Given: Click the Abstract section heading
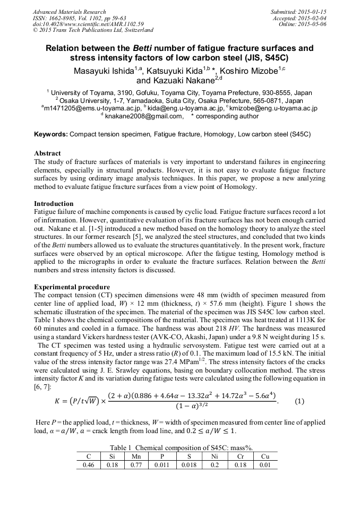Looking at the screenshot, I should tap(47, 153).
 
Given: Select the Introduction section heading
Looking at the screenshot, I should tap(54, 204).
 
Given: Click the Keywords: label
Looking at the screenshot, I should tap(51, 135).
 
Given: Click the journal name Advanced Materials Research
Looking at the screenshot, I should tap(69, 12).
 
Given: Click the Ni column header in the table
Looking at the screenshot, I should tap(215, 456).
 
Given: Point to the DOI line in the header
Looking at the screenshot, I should tap(88, 24).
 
